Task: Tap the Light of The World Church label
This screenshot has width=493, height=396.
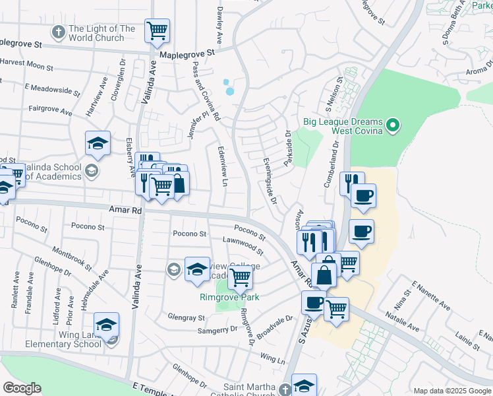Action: tap(101, 33)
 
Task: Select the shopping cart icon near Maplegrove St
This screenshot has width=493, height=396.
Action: tap(157, 30)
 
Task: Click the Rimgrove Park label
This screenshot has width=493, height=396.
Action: tap(229, 298)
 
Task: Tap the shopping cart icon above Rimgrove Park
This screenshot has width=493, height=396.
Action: tap(241, 278)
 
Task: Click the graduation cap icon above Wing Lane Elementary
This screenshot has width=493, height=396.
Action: tap(106, 325)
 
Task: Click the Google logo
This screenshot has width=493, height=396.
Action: tap(22, 388)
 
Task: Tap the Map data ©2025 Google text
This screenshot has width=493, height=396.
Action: tap(451, 391)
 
